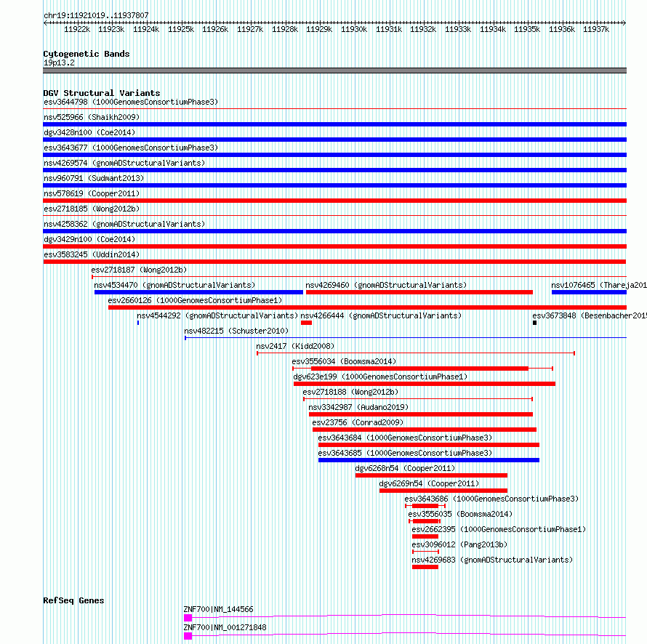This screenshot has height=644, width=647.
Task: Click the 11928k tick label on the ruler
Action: pyautogui.click(x=285, y=29)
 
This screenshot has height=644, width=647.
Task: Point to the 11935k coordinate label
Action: pyautogui.click(x=527, y=29)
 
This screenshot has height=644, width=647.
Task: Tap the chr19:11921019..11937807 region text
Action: pyautogui.click(x=96, y=16)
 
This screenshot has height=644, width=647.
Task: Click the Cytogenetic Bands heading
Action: pyautogui.click(x=87, y=54)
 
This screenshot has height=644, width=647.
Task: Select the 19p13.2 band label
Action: pyautogui.click(x=59, y=63)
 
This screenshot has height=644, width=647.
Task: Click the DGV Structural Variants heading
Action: pyautogui.click(x=102, y=93)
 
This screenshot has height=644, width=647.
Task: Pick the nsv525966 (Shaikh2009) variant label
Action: pyautogui.click(x=92, y=117)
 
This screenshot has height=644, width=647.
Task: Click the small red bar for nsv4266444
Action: pyautogui.click(x=306, y=323)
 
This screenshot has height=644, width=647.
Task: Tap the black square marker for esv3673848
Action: pyautogui.click(x=535, y=323)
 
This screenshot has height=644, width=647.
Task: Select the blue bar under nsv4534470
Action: pyautogui.click(x=198, y=292)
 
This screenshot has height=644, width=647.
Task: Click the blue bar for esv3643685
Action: pyautogui.click(x=429, y=460)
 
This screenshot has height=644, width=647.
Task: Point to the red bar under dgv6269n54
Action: pyautogui.click(x=443, y=491)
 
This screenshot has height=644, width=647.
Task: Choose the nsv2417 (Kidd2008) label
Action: pyautogui.click(x=295, y=346)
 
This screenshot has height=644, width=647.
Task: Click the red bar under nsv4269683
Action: pyautogui.click(x=425, y=567)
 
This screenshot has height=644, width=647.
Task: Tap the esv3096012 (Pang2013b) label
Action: pyautogui.click(x=459, y=544)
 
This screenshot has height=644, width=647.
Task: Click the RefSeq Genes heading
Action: pyautogui.click(x=73, y=600)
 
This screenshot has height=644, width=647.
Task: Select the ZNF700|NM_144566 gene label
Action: pyautogui.click(x=218, y=609)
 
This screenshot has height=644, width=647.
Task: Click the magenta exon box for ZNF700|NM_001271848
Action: pyautogui.click(x=188, y=636)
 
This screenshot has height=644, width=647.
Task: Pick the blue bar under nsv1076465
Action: pyautogui.click(x=589, y=292)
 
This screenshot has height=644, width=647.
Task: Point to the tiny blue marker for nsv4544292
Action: pyautogui.click(x=138, y=323)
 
